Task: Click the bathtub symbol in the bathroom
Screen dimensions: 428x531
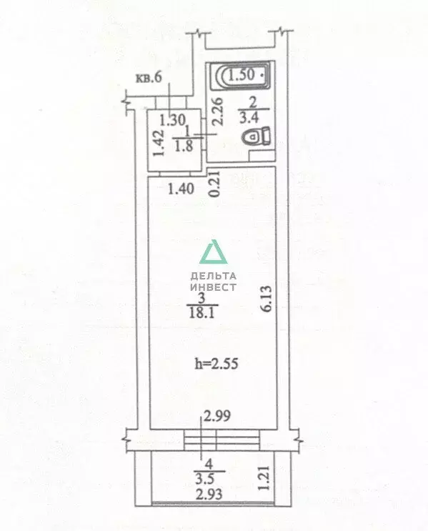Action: [x=240, y=76]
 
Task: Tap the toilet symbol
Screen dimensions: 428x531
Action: [x=257, y=137]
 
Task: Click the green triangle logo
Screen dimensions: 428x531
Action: [x=214, y=252]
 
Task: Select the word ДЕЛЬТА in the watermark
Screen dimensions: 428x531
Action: [x=214, y=277]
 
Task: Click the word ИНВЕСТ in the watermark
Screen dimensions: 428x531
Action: [x=214, y=287]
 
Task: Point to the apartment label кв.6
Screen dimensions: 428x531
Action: [x=149, y=78]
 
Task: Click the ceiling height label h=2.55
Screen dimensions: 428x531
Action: [x=217, y=364]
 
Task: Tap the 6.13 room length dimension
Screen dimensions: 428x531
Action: [x=266, y=298]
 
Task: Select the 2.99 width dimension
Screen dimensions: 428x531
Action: [x=217, y=415]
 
